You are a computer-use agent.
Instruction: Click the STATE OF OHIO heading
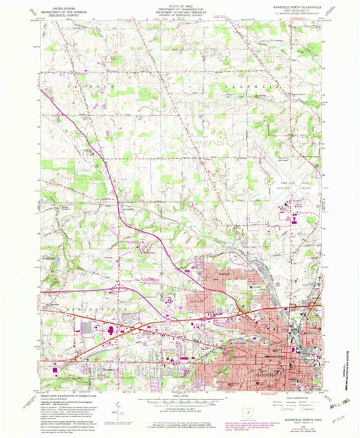tap(180, 7)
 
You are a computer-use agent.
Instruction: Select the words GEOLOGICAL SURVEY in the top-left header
tap(60, 15)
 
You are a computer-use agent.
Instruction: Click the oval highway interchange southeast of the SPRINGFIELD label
tap(138, 328)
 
